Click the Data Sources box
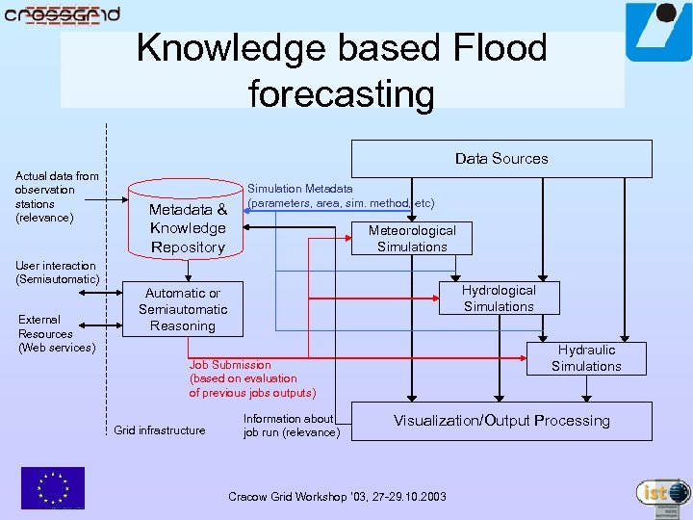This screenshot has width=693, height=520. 501,159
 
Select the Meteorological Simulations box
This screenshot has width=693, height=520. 412,238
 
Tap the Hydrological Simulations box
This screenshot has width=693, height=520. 499,298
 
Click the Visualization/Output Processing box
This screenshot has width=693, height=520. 501,421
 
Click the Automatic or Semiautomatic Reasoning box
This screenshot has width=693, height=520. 183,309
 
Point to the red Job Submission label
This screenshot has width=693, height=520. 252,378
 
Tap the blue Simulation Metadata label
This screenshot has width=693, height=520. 341,196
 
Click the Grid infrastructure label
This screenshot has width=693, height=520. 160,430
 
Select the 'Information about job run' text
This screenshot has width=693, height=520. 291,426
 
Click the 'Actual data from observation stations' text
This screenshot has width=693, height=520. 57,196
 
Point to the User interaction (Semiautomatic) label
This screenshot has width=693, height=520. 57,272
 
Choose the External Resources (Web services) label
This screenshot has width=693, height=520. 56,333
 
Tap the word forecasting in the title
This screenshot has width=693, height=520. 342,94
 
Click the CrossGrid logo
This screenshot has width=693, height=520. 62,14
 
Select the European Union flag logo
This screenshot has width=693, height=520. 53,487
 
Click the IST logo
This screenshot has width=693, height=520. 663,494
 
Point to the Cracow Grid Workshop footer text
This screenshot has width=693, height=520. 337,497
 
